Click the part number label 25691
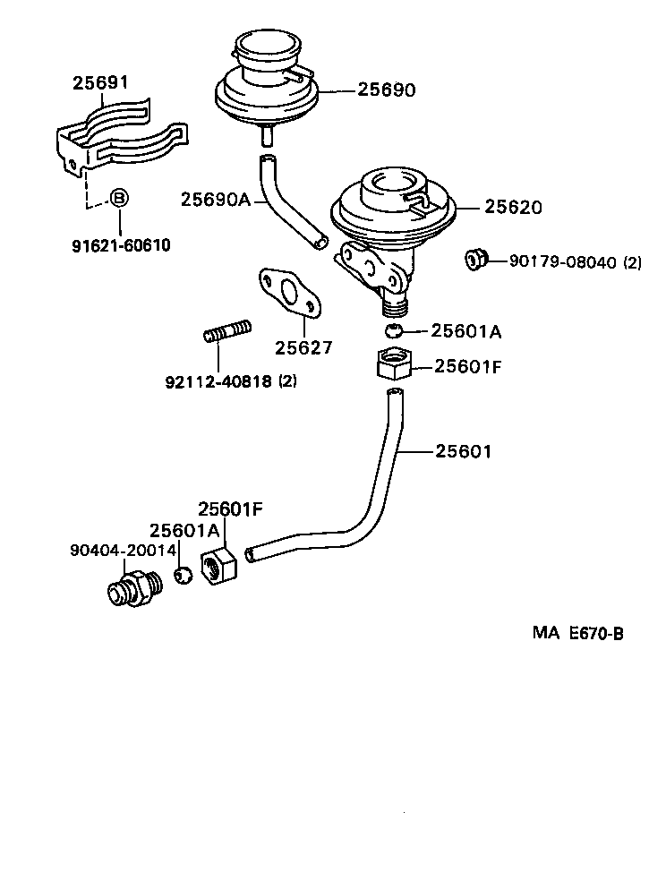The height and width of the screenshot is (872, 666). point(100,83)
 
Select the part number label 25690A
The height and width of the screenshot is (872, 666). point(216,199)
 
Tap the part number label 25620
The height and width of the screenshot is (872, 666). point(513,207)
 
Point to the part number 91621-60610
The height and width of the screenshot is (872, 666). point(121,245)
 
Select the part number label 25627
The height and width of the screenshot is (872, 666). point(303,346)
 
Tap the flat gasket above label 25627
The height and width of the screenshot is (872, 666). point(287,294)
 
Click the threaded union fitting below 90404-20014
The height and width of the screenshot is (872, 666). point(132,587)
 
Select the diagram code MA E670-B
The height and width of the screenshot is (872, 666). point(577,633)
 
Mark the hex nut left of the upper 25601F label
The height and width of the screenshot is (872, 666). point(391,365)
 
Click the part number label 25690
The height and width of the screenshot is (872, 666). point(387,90)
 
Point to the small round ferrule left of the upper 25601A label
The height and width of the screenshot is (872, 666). point(392,331)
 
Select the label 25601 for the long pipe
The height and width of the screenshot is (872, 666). point(464,451)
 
